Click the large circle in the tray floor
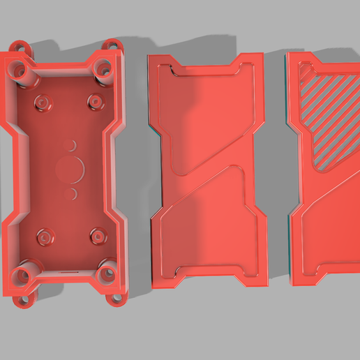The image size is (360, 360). pyautogui.click(x=70, y=168)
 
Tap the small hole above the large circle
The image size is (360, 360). pyautogui.click(x=70, y=144)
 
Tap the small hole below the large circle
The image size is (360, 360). pyautogui.click(x=71, y=191)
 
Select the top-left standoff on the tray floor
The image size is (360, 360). pyautogui.click(x=43, y=103)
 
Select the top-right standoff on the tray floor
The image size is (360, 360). pyautogui.click(x=94, y=101)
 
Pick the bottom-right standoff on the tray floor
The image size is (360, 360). pyautogui.click(x=96, y=234)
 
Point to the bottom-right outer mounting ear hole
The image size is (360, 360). pyautogui.click(x=114, y=300)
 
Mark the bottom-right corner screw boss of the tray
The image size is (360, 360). pyautogui.click(x=107, y=273)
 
